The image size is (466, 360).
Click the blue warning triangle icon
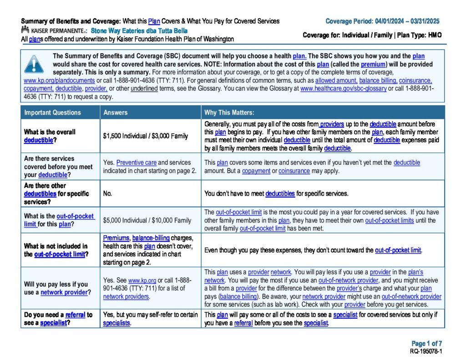(35, 65)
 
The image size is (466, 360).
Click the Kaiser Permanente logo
(54, 30)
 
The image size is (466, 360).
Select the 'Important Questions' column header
(52, 112)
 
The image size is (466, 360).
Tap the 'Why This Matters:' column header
(229, 112)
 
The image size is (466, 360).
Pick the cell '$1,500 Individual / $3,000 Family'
(145, 136)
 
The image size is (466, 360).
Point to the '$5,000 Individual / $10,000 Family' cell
(147, 220)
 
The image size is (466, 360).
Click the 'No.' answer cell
(108, 193)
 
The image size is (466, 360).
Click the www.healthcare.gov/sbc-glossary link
(343, 88)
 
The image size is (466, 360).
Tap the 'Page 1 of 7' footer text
(426, 344)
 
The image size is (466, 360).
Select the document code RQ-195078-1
(426, 351)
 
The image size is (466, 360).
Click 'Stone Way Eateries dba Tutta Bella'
(139, 31)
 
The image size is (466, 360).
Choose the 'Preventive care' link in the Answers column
(136, 162)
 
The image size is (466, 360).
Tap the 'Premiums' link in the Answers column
(116, 238)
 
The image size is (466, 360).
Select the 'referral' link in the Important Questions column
(75, 314)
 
